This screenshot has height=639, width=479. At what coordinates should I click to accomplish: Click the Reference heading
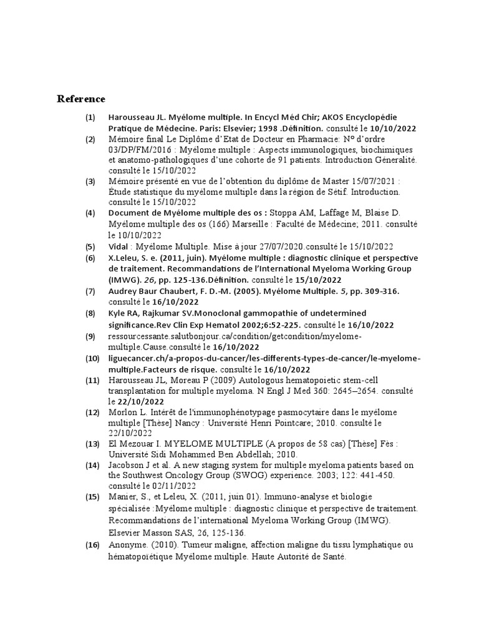pyautogui.click(x=81, y=99)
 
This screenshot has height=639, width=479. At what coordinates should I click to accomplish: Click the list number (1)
pyautogui.click(x=91, y=117)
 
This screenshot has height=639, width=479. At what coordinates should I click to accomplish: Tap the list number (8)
pyautogui.click(x=91, y=313)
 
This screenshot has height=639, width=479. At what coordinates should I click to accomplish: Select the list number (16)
pyautogui.click(x=93, y=545)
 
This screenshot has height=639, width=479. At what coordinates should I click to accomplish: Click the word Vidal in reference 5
pyautogui.click(x=119, y=246)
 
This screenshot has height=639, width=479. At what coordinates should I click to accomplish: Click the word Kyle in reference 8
pyautogui.click(x=117, y=313)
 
